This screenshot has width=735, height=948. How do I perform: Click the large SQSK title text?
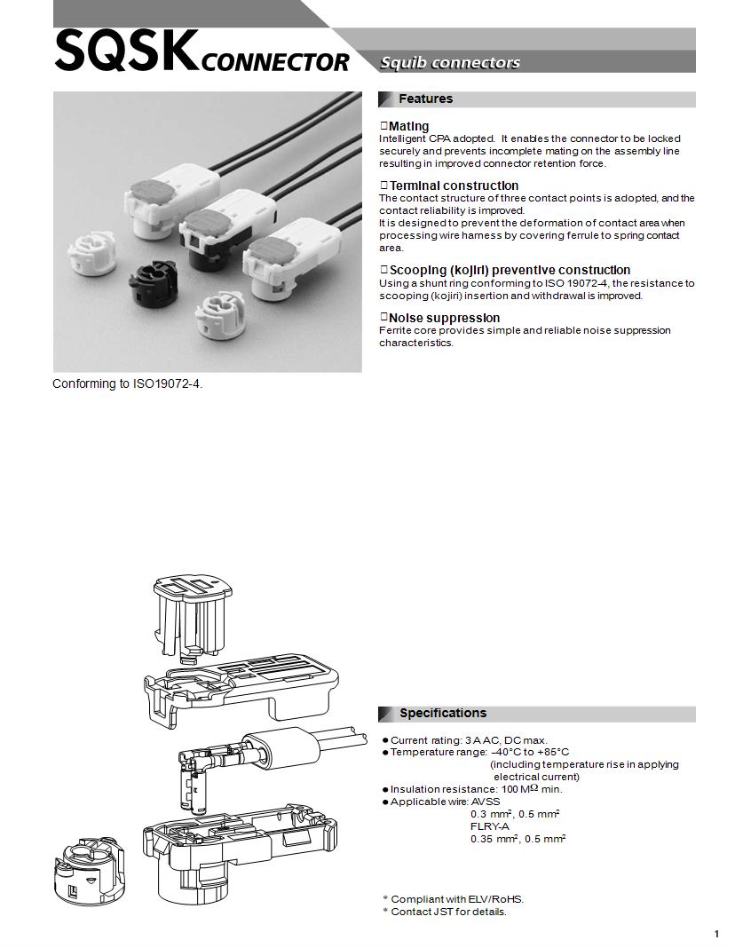126,51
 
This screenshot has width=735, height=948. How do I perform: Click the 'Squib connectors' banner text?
450,62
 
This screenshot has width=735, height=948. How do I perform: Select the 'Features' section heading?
425,99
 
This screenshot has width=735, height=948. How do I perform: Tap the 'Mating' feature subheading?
408,126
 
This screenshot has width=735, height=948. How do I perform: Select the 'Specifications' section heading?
442,713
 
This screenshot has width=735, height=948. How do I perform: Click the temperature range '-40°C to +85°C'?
530,752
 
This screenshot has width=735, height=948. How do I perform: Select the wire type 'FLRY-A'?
490,826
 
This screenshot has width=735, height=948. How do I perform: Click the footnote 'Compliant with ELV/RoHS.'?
456,899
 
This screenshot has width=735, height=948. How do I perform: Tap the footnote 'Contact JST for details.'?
448,912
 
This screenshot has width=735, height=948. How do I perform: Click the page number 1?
716,934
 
